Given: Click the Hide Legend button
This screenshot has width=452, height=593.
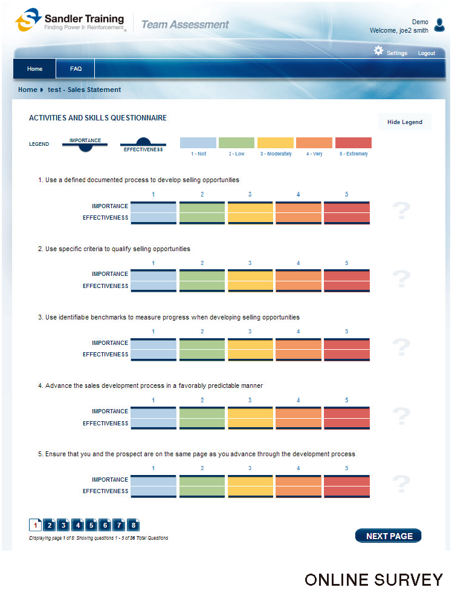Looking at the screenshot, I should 404,122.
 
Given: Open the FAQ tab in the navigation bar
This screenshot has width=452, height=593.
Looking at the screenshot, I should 76,69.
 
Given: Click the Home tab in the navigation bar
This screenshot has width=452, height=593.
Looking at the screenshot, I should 34,69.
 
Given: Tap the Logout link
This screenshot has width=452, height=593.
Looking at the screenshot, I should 426,53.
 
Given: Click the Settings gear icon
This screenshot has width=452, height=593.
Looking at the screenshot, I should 379,51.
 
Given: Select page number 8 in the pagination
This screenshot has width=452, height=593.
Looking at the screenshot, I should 133,525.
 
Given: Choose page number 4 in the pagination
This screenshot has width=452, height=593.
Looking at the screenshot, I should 77,525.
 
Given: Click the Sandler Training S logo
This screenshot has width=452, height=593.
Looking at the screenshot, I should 27,21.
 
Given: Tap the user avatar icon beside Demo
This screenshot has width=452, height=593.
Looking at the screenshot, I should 439,25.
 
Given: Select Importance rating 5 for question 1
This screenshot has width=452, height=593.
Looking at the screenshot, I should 346,208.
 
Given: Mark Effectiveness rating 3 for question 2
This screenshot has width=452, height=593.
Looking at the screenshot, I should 250,286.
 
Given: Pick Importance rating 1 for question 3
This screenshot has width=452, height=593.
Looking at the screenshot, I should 153,343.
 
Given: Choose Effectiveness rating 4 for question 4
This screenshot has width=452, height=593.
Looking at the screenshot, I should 298,424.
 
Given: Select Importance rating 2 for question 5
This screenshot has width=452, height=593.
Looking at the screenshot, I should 202,480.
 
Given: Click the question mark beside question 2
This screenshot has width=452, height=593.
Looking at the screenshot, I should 401,279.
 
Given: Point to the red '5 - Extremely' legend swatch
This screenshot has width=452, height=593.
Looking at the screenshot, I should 353,143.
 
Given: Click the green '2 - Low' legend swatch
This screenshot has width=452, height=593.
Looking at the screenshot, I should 236,143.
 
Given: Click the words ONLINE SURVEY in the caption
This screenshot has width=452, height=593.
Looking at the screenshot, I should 373,579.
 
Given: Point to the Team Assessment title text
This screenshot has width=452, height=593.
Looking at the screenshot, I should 185,25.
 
